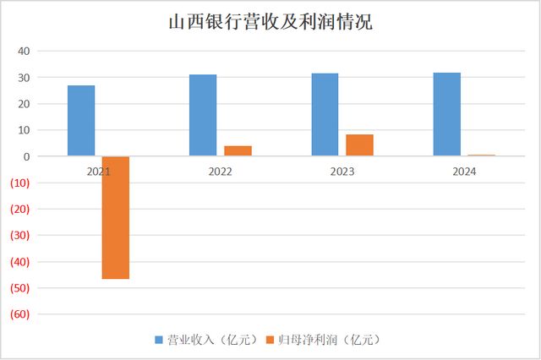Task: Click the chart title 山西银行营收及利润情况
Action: point(270,22)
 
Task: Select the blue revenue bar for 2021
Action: point(81,121)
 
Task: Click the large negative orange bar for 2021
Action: point(116,217)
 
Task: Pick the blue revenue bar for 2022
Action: point(203,116)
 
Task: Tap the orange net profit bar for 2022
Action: point(238,151)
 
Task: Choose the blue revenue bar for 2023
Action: point(325,115)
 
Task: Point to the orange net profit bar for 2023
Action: point(359,145)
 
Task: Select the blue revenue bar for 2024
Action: point(446,114)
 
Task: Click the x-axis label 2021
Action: point(98,171)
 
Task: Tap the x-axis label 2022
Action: point(220,171)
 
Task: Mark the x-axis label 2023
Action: point(342,171)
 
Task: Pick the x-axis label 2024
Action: point(463,171)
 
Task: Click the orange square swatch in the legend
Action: point(271,340)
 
